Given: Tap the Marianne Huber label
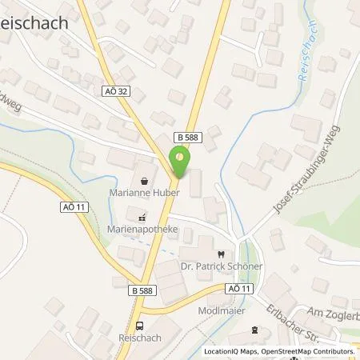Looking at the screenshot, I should click(142, 192).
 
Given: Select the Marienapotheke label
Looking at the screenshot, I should click(142, 227).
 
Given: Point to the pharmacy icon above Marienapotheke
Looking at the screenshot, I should click(142, 216).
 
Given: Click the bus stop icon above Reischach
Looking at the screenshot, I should click(140, 326).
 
